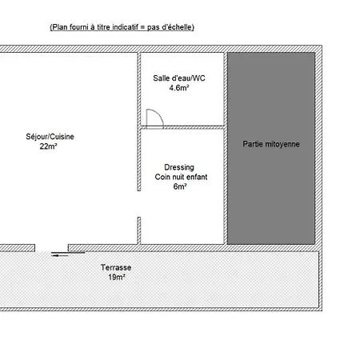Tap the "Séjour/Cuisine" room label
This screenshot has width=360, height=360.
(x=50, y=137)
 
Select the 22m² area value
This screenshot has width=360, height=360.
(x=48, y=146)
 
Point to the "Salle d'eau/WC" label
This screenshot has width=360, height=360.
(x=179, y=78)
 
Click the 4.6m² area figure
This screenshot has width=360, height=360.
(x=179, y=87)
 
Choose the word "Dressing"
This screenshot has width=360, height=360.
(x=179, y=167)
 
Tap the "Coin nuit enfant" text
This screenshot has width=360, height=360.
(x=181, y=177)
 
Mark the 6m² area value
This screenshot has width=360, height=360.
(x=180, y=186)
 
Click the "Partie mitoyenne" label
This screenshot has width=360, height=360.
(x=271, y=144)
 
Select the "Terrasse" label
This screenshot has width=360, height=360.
(x=116, y=267)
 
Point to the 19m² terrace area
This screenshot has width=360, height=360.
(x=117, y=277)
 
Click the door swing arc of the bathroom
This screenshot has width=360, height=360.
(x=158, y=114)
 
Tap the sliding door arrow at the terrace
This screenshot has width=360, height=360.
(x=60, y=255)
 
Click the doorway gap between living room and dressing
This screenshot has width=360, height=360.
(x=139, y=204)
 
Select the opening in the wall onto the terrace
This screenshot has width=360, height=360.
(x=51, y=248)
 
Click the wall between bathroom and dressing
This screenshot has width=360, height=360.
(x=182, y=127)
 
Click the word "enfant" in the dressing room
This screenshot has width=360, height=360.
(x=197, y=177)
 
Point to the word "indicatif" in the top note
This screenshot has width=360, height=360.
(x=125, y=27)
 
